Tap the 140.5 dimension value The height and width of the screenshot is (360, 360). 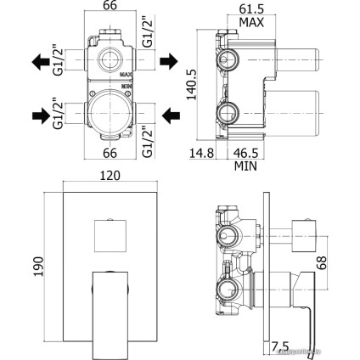(x=194, y=82)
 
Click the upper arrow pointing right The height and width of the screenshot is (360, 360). (x=167, y=61)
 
